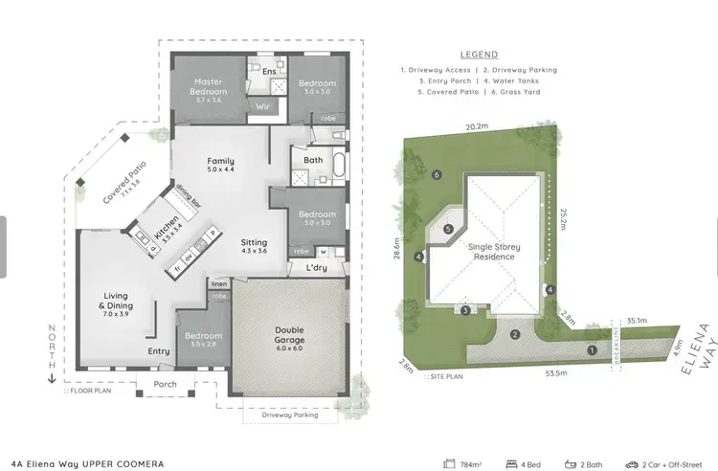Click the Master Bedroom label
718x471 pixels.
[209, 87]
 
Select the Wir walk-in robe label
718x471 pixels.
[261, 107]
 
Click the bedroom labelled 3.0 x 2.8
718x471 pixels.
[202, 340]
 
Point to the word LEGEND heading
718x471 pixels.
[479, 56]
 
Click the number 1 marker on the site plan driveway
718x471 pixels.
[592, 350]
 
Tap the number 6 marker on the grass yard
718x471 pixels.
[437, 175]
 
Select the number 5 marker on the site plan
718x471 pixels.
[447, 228]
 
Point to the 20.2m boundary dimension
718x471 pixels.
[477, 125]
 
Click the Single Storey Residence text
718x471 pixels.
[493, 250]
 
